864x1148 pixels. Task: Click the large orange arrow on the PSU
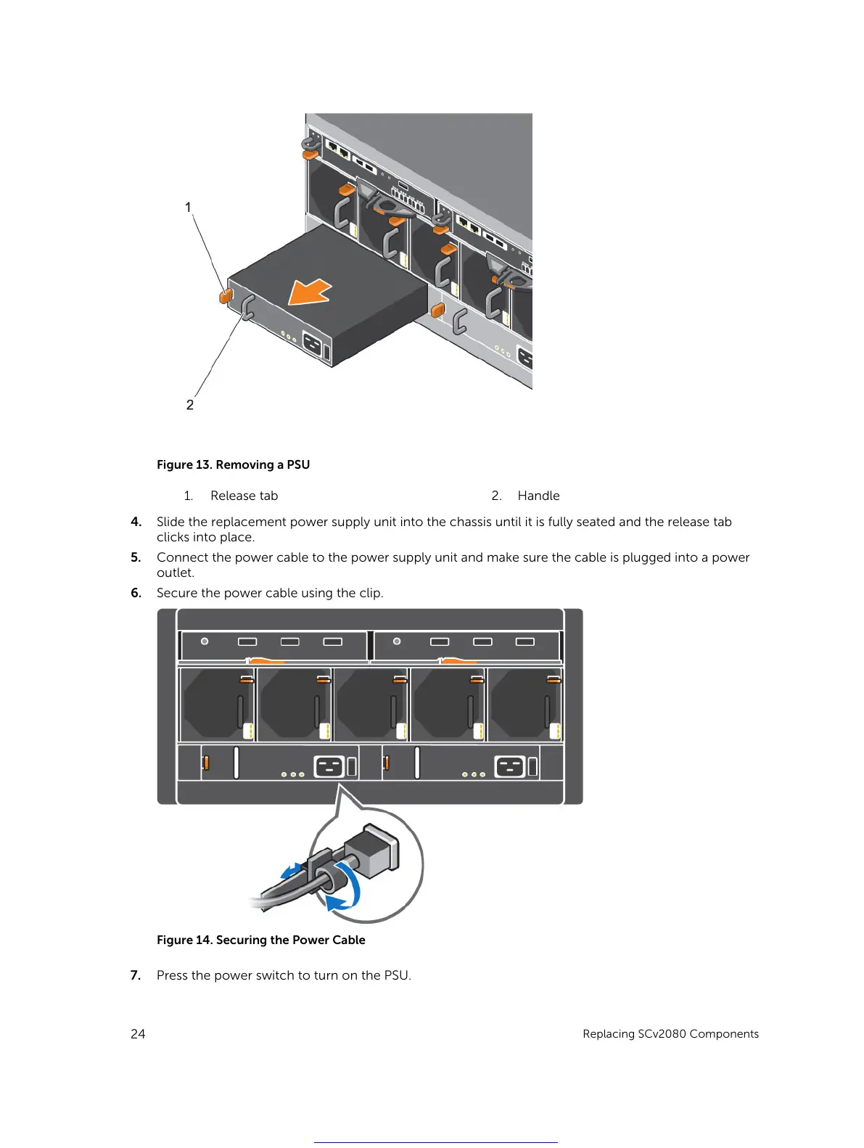(x=309, y=293)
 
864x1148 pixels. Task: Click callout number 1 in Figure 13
(x=188, y=208)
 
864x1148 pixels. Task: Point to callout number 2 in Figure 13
(x=190, y=405)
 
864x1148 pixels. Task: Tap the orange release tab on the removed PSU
(x=225, y=295)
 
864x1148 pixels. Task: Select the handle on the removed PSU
(x=247, y=308)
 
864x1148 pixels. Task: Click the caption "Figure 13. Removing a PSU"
(x=233, y=464)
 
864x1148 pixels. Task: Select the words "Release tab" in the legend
(x=244, y=496)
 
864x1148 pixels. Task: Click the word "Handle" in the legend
(x=538, y=496)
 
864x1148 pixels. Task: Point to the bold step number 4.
(x=136, y=522)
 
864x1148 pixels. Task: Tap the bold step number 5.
(x=136, y=557)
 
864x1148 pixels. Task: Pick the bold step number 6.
(x=136, y=593)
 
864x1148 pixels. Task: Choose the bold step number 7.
(x=136, y=975)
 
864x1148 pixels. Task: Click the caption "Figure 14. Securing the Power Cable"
(x=260, y=940)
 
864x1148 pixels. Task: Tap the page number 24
(x=138, y=1034)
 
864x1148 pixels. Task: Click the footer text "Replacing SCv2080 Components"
(x=670, y=1034)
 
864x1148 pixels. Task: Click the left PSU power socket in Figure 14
(x=329, y=766)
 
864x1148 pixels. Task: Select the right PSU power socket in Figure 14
(x=509, y=766)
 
